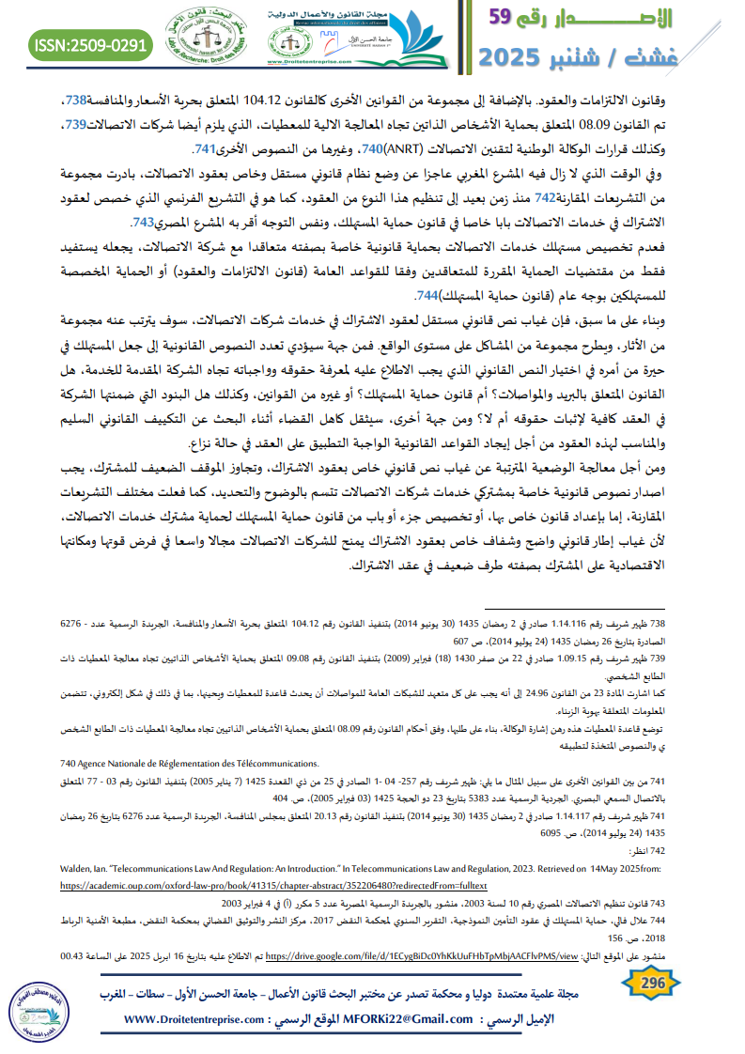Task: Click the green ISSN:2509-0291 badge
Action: [90, 44]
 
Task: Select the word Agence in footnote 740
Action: [64, 762]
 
